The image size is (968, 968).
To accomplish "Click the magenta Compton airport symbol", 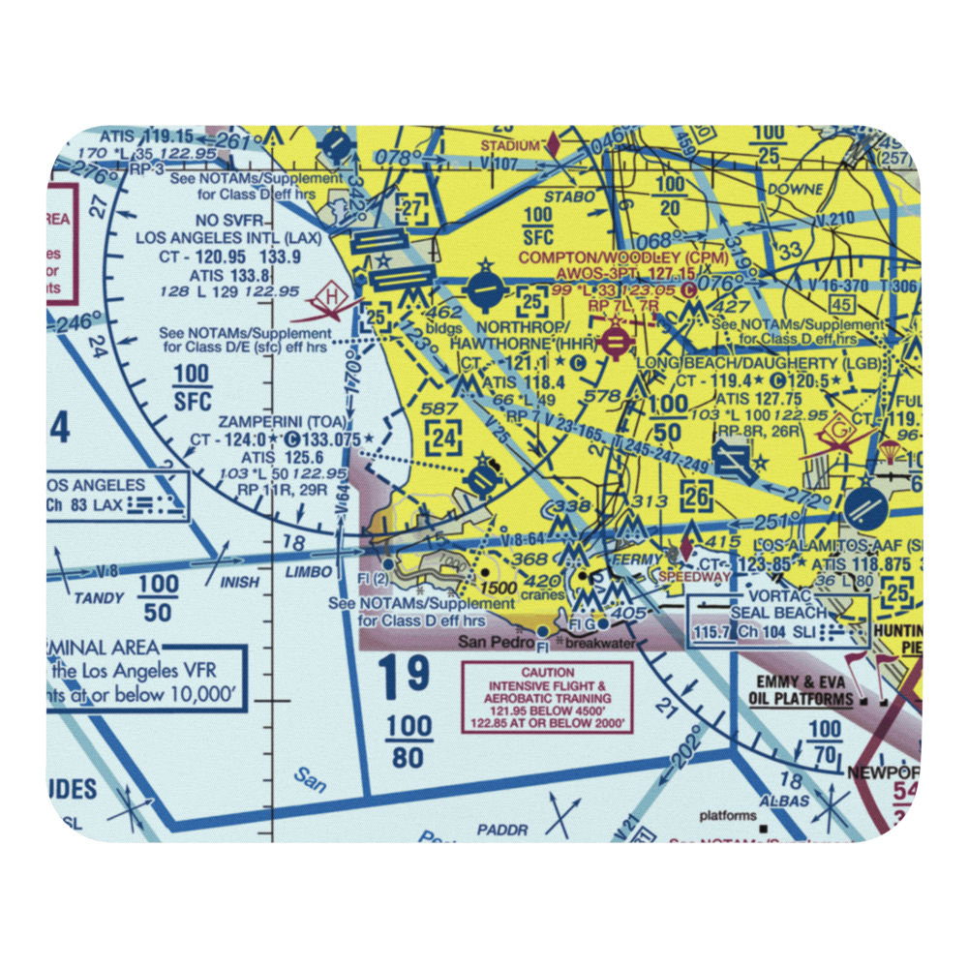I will point(614,340).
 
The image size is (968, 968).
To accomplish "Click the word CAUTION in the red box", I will point(547,672).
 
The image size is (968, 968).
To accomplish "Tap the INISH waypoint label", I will point(240,582).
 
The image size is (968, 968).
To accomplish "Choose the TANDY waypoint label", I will point(99,598).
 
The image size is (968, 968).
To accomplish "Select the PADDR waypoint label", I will point(502,830).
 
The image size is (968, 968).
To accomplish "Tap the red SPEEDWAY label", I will point(694,577).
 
